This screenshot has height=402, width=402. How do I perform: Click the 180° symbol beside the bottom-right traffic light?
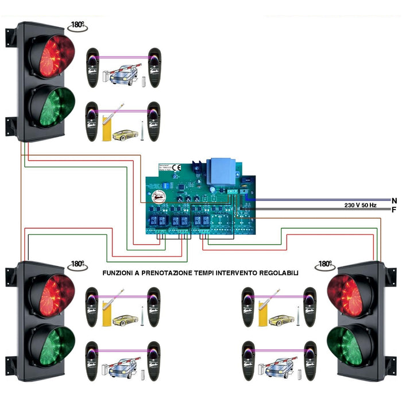[325, 265]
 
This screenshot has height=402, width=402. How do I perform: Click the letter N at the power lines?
[394, 200]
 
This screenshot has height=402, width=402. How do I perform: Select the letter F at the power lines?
[394, 210]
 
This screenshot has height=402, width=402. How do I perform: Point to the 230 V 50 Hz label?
[361, 205]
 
